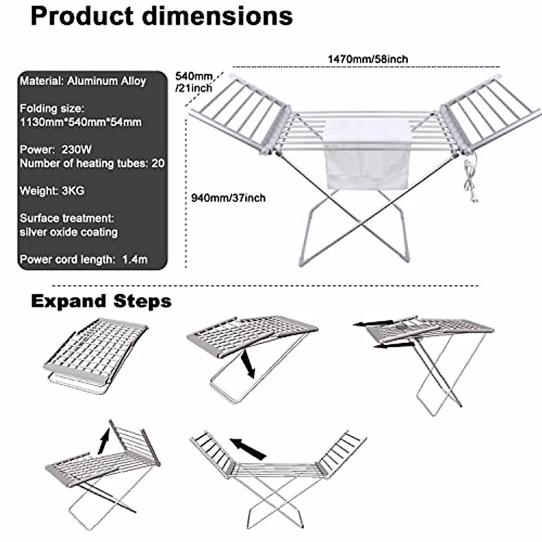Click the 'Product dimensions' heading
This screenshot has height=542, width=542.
coord(161,16)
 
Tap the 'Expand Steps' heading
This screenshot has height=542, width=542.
coord(101,301)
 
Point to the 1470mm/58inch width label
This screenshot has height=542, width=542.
coord(368,59)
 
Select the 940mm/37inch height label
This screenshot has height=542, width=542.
coord(228,198)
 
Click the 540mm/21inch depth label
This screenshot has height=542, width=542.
coord(193,82)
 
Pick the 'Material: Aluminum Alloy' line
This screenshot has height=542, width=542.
coord(83,81)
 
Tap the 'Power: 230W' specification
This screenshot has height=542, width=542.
coord(56,150)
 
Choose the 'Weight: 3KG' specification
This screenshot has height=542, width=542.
coord(52,191)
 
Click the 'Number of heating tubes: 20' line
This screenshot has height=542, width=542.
coord(92,163)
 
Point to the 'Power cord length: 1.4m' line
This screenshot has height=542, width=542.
coord(84,260)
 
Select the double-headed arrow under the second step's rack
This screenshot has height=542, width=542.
coord(247,364)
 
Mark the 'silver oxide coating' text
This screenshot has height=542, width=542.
coord(69,232)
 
